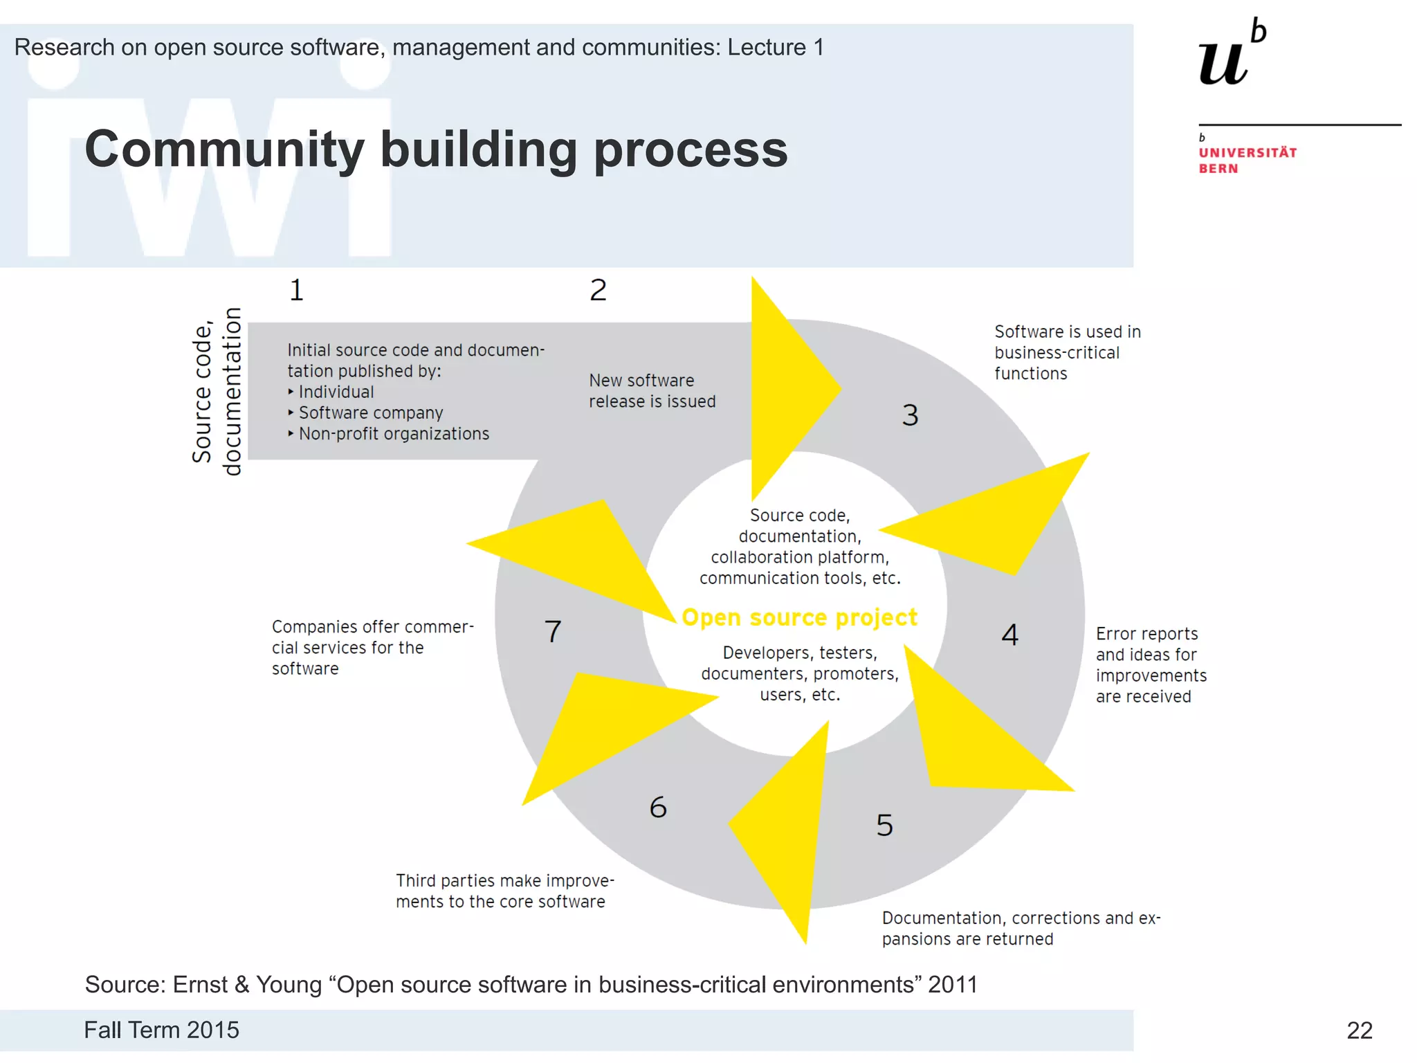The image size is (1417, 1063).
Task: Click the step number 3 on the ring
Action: pyautogui.click(x=910, y=415)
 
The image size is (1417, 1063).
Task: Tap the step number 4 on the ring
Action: pyautogui.click(x=1009, y=635)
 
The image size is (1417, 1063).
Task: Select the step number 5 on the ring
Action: pyautogui.click(x=884, y=825)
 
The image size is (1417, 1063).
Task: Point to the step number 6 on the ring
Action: pyautogui.click(x=658, y=807)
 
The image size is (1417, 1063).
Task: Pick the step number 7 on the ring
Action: pyautogui.click(x=553, y=631)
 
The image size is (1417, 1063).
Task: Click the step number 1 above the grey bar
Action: pyautogui.click(x=296, y=290)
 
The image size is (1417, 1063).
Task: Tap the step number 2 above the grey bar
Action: pyautogui.click(x=598, y=290)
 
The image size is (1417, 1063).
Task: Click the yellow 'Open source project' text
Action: pyautogui.click(x=799, y=617)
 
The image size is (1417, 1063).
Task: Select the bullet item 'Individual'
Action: pyautogui.click(x=336, y=392)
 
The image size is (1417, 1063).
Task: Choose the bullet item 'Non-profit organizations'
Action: pyautogui.click(x=394, y=434)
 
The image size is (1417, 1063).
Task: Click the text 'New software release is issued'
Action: pyautogui.click(x=652, y=391)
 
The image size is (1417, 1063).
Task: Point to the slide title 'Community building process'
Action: pyautogui.click(x=436, y=149)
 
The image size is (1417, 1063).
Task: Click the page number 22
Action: pyautogui.click(x=1359, y=1030)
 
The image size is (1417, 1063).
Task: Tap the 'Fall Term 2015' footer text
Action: pyautogui.click(x=161, y=1030)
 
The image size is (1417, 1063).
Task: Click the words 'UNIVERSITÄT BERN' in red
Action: pyautogui.click(x=1247, y=161)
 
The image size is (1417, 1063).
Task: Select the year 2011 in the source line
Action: pyautogui.click(x=953, y=984)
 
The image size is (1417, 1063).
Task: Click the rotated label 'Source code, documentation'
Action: pyautogui.click(x=217, y=392)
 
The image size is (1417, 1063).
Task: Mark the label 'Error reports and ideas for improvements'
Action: pyautogui.click(x=1151, y=664)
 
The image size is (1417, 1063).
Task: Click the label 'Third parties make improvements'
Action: pyautogui.click(x=504, y=891)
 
